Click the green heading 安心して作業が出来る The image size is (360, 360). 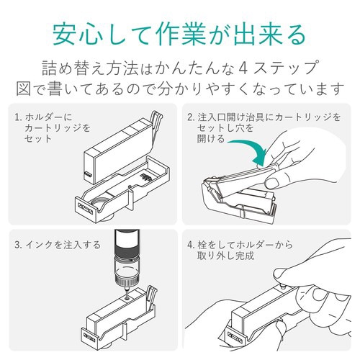[180, 32]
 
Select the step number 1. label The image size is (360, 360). [18, 116]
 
